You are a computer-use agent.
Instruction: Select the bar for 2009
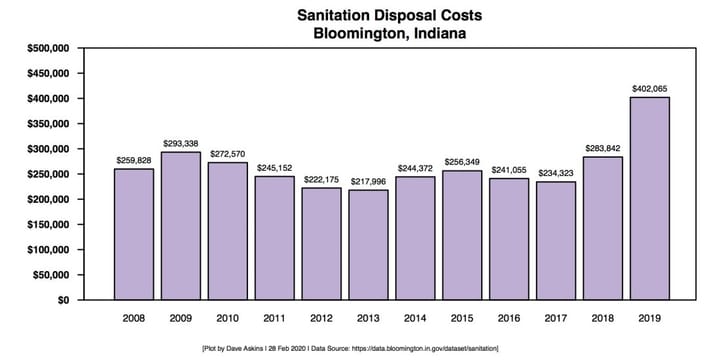coord(180,225)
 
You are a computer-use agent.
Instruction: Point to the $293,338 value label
coord(180,143)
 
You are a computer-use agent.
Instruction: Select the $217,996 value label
coord(368,181)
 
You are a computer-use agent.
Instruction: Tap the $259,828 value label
coord(133,160)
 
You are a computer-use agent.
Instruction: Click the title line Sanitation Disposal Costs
coord(383,16)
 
